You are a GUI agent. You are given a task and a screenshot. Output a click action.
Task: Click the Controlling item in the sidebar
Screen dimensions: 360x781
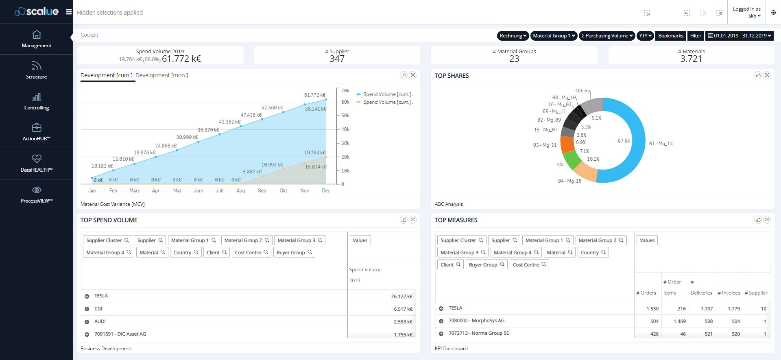(x=37, y=102)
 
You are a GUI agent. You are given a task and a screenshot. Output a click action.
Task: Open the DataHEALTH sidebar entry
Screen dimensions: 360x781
(x=37, y=164)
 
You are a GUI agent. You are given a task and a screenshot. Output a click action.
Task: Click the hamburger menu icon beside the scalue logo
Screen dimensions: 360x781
(x=69, y=12)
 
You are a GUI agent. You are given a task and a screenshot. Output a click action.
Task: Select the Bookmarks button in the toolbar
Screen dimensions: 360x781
(x=670, y=36)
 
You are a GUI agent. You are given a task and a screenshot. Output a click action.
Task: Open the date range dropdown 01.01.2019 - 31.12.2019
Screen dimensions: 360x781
(x=739, y=36)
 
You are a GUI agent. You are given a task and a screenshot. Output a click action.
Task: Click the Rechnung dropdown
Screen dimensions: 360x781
(x=513, y=36)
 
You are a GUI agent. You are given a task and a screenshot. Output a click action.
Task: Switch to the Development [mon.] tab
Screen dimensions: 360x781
(x=161, y=75)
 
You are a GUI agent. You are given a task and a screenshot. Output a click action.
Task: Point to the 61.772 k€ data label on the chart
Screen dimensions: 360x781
(x=314, y=95)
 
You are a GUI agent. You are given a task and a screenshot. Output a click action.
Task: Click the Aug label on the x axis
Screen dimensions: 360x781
(x=241, y=191)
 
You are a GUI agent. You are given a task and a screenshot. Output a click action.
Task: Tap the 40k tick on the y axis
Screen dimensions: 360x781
(x=345, y=129)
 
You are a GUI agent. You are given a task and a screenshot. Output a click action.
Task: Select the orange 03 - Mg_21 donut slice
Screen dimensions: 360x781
(x=567, y=144)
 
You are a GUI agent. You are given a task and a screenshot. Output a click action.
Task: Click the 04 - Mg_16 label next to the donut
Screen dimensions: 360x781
(x=569, y=181)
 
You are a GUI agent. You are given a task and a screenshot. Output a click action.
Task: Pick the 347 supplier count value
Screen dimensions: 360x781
(x=337, y=59)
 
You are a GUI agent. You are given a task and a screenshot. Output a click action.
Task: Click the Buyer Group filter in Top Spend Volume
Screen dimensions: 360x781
(x=294, y=253)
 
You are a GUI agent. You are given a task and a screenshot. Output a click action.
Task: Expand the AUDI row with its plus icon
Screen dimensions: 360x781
(x=87, y=322)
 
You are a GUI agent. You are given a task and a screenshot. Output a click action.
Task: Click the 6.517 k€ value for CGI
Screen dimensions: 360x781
(x=403, y=309)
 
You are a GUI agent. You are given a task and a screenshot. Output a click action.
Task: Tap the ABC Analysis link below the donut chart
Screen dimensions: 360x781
(x=449, y=204)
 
